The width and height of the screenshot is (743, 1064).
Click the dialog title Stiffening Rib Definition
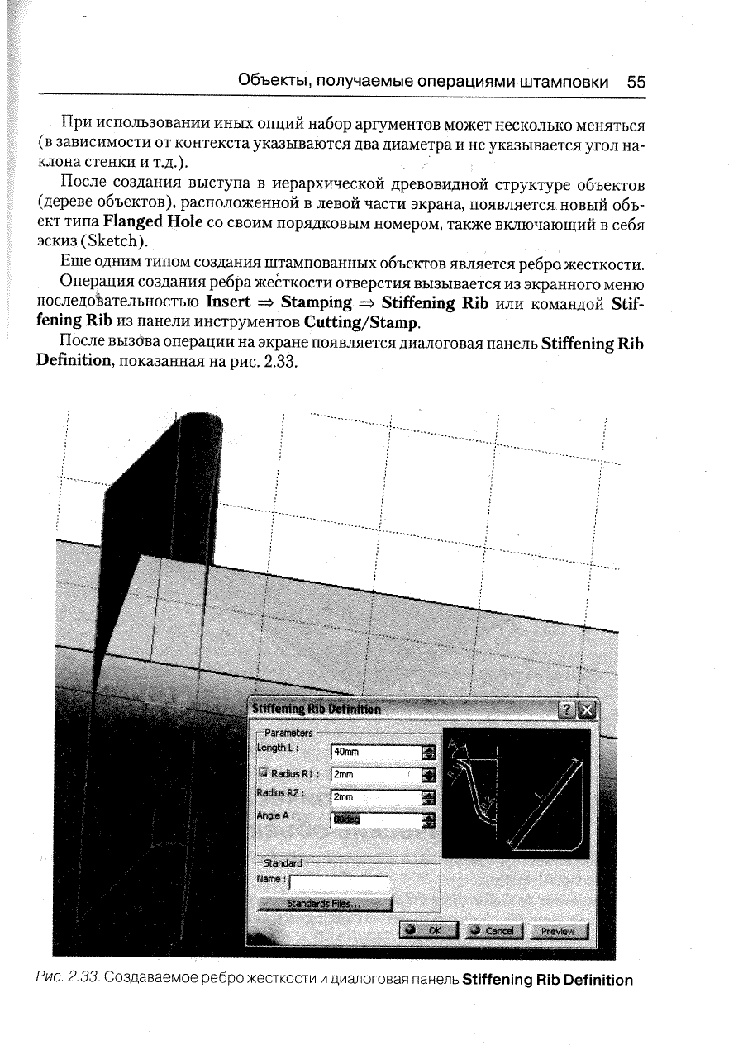317,709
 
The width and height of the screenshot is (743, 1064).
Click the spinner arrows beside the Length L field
429,752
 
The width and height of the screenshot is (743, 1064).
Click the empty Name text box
339,883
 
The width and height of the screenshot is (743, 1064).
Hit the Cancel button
493,931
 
